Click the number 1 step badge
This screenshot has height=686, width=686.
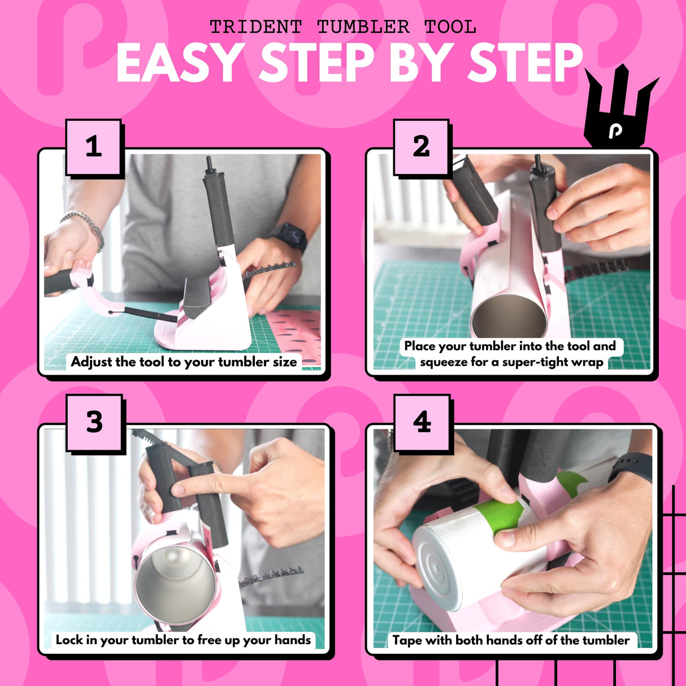click(94, 146)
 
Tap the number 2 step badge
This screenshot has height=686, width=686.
click(421, 146)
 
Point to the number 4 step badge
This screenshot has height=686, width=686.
click(422, 422)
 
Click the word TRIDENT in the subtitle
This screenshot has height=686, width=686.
click(256, 27)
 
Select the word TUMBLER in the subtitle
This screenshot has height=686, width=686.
click(363, 27)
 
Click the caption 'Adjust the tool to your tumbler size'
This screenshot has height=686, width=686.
click(184, 362)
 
